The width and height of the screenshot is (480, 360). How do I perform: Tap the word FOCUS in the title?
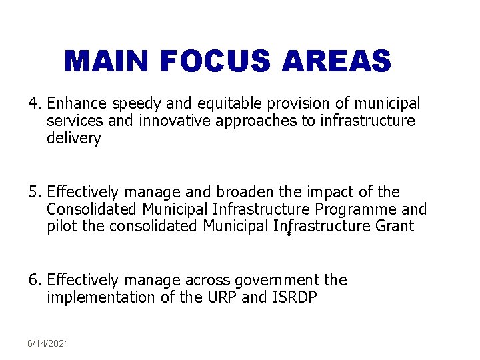coord(215,62)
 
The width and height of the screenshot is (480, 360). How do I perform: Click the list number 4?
coord(34,104)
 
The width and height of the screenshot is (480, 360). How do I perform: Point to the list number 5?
coord(34,193)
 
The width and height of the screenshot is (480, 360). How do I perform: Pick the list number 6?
coord(34,281)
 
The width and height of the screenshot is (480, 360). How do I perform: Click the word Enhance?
coord(77,104)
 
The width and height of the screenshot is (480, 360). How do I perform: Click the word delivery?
coord(73,139)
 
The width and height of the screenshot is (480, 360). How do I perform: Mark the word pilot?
coord(62,227)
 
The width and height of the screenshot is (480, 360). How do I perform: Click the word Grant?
coord(394,227)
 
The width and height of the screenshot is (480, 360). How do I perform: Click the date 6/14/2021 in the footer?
coord(48,343)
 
